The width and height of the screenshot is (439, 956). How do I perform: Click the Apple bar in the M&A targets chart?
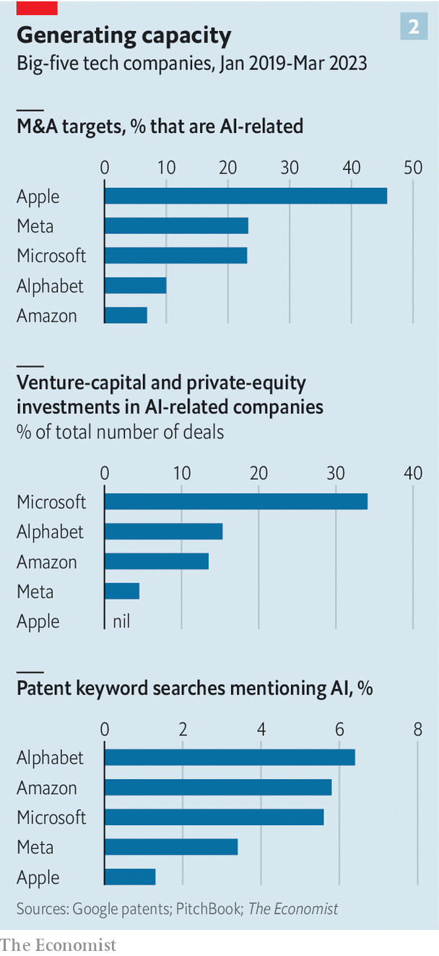[245, 196]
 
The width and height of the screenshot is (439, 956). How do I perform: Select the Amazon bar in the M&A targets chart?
[126, 315]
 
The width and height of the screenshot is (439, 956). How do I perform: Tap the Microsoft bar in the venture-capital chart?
[235, 501]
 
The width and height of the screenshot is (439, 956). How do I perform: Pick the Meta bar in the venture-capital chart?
[121, 591]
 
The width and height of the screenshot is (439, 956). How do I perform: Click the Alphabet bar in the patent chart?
[230, 757]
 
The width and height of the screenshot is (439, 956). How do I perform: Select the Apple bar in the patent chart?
[130, 877]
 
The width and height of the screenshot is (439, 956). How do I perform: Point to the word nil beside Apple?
[121, 621]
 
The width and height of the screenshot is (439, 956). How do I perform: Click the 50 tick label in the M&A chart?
[412, 168]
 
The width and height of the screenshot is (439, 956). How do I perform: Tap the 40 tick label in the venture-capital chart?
[412, 473]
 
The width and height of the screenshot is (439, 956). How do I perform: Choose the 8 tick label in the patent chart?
[417, 729]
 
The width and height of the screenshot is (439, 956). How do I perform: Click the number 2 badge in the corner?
[414, 27]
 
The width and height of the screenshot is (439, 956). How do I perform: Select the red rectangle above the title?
[37, 8]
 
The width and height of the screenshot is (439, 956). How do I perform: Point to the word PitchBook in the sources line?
[209, 908]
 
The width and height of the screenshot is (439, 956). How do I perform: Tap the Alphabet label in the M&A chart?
[50, 286]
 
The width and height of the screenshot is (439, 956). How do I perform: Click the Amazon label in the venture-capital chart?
[47, 562]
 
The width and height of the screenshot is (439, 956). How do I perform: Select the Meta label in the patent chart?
[35, 847]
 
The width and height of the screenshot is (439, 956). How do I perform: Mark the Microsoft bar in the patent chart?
[214, 817]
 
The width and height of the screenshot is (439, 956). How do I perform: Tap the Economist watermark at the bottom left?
[58, 944]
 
